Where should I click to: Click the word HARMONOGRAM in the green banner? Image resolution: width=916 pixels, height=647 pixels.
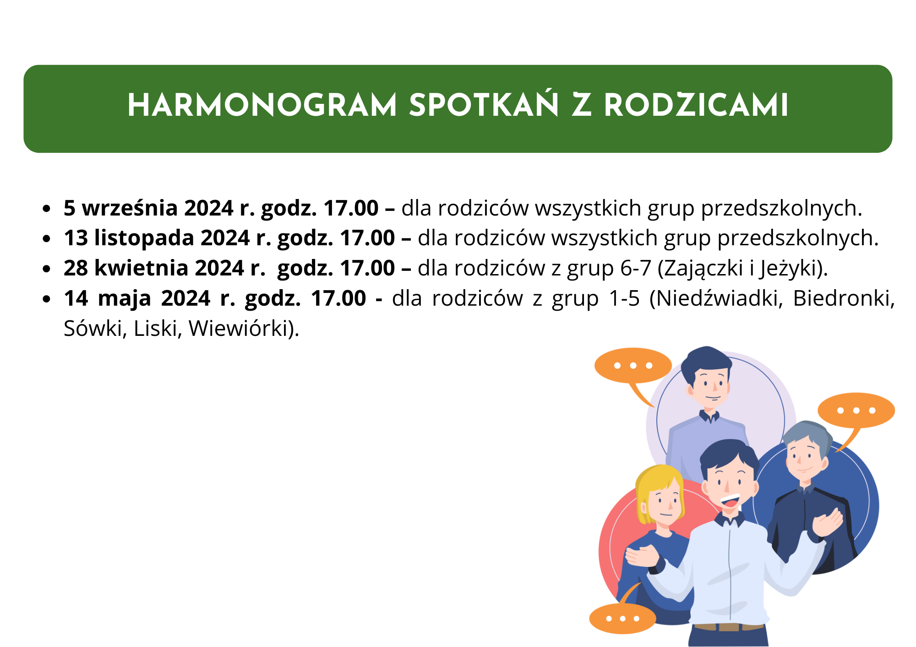pos(262,105)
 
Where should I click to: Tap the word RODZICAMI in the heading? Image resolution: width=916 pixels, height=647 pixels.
pos(696,105)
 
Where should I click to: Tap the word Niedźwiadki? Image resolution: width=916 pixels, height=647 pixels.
pos(716,299)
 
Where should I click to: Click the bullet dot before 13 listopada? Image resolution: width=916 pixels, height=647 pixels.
pos(46,239)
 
